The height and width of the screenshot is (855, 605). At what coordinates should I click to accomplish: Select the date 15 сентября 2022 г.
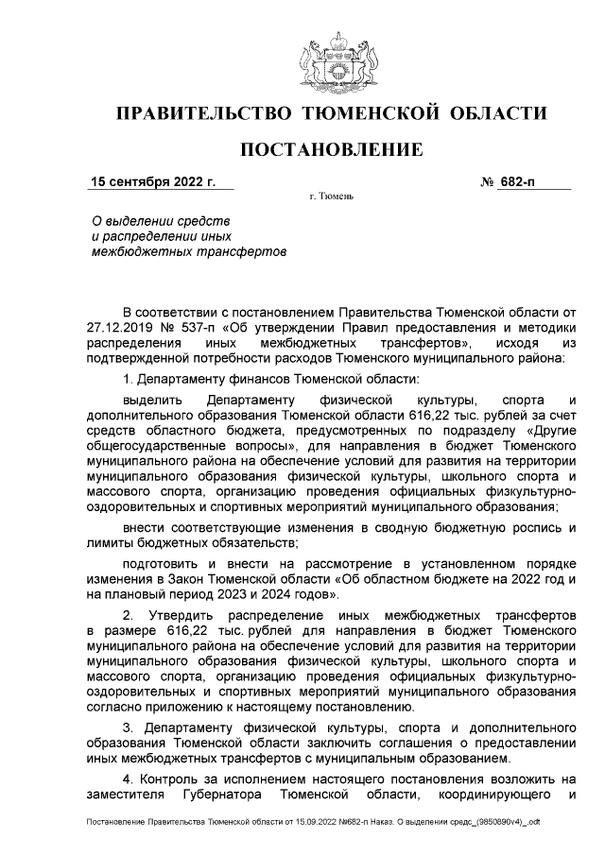[153, 181]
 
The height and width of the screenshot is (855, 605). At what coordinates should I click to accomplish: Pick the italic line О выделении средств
[153, 219]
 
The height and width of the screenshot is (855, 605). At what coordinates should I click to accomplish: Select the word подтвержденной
[136, 357]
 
